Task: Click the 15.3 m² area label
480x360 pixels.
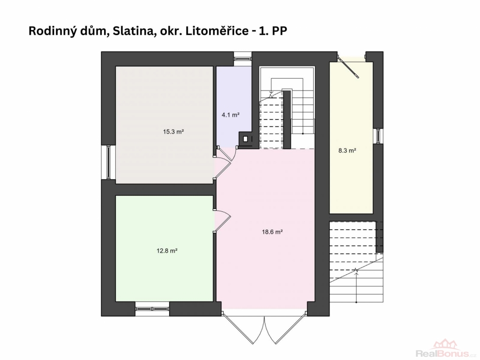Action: (173, 132)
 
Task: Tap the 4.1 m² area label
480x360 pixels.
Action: (231, 115)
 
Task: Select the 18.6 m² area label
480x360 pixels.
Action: (272, 232)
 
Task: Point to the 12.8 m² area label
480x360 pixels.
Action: (167, 251)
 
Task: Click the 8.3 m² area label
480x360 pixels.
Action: (347, 150)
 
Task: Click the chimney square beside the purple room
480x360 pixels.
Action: (246, 139)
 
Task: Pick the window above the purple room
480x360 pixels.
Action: (243, 58)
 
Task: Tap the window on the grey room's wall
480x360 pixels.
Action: (109, 162)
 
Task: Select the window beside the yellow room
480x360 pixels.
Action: (379, 136)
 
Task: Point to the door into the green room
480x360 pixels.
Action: (222, 220)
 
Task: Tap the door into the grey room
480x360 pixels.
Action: (222, 167)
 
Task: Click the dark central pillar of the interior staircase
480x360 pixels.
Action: (287, 120)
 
